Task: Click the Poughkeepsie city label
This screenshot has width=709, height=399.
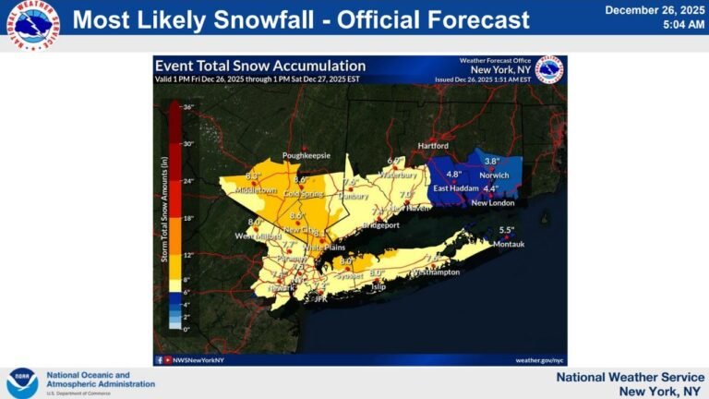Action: (x=305, y=155)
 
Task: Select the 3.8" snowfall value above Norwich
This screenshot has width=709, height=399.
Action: (x=492, y=162)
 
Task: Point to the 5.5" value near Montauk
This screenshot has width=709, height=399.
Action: (x=507, y=230)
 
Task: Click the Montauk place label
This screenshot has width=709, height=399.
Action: (x=510, y=244)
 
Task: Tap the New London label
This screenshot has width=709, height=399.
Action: (x=492, y=202)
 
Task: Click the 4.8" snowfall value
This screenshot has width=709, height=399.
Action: (x=453, y=174)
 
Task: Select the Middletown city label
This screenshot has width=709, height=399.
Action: (x=256, y=190)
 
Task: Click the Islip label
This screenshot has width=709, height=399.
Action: (x=378, y=287)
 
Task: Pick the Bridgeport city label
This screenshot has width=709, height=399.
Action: (x=380, y=224)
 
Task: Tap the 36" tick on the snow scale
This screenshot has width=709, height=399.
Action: (x=186, y=107)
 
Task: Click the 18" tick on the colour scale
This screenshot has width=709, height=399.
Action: (x=186, y=218)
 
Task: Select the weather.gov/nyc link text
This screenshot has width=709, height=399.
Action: (x=539, y=360)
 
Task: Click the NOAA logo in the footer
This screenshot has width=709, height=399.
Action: (x=22, y=382)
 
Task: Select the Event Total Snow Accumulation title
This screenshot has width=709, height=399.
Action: (x=259, y=66)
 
